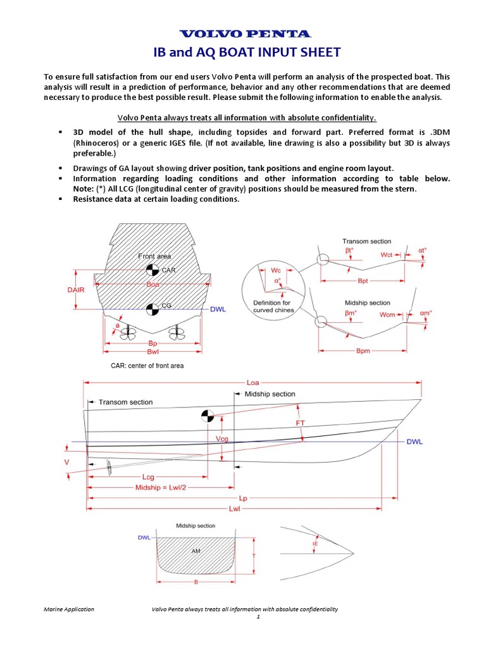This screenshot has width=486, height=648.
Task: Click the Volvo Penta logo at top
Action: [x=246, y=34]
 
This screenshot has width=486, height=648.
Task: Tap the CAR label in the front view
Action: [x=169, y=270]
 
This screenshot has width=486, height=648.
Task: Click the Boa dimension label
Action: [x=153, y=285]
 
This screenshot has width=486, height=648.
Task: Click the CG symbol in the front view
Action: [x=152, y=309]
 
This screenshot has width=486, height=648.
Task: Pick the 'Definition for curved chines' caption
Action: [x=272, y=306]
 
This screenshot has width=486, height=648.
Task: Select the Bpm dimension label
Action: [x=363, y=350]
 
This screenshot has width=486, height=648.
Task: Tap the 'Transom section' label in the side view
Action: [x=125, y=402]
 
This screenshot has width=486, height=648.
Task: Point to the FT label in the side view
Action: [x=301, y=422]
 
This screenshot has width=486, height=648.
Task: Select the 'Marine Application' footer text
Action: [x=69, y=609]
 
